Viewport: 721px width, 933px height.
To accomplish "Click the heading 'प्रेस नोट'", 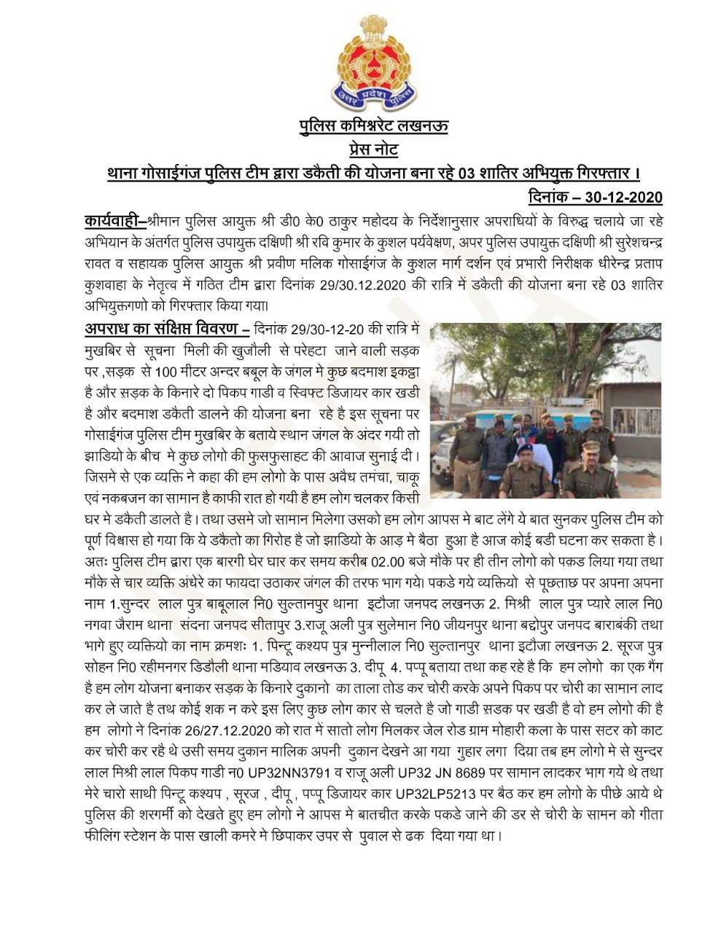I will click(x=373, y=149).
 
